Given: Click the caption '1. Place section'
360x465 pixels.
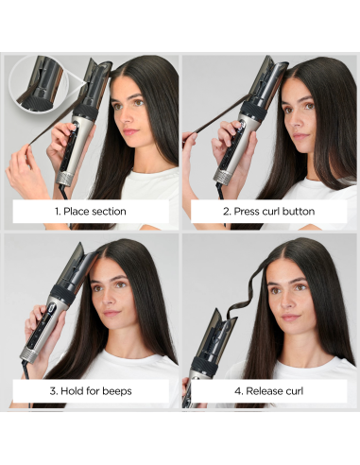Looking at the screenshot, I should [x=91, y=211].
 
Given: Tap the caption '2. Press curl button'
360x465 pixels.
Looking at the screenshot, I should [x=267, y=211].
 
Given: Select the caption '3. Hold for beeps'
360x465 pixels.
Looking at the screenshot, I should [x=91, y=390].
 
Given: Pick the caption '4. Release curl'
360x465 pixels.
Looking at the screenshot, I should [x=267, y=390].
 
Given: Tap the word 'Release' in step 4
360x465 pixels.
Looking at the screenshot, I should [x=263, y=390].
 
